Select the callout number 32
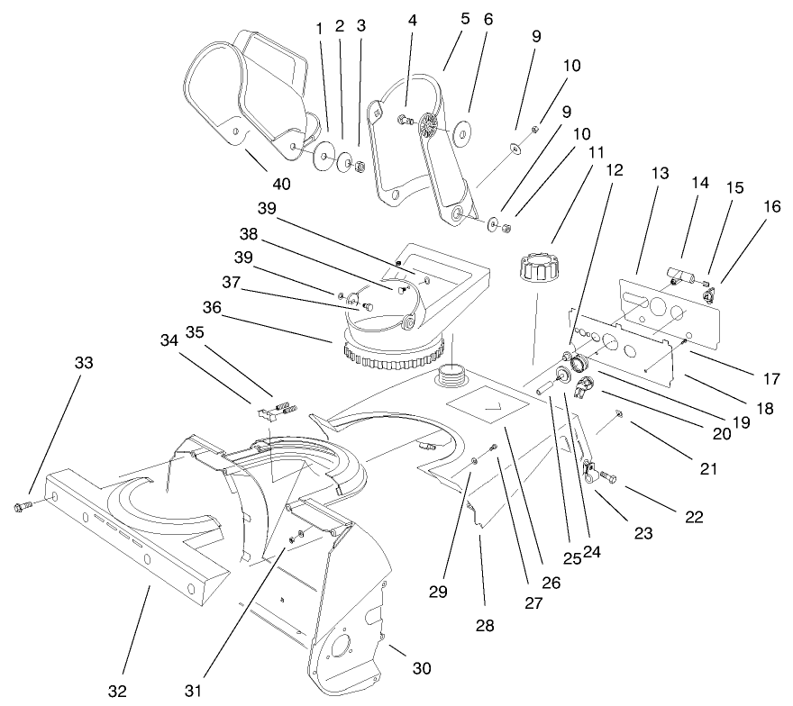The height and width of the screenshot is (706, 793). [x=118, y=691]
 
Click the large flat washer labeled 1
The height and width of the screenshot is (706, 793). [x=323, y=161]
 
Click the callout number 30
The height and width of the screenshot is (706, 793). [x=421, y=668]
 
